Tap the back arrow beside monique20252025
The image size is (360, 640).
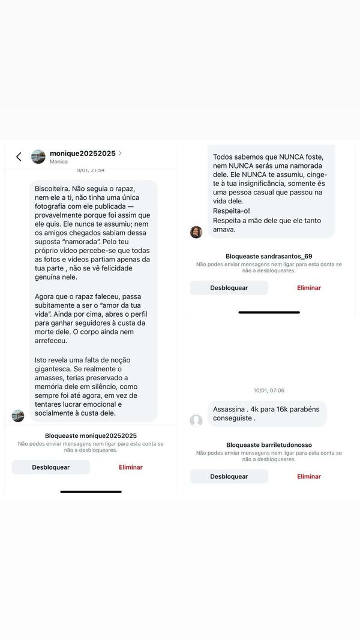click(19, 157)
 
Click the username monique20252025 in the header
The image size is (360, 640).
click(82, 154)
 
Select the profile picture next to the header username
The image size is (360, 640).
click(38, 157)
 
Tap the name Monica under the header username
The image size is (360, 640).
click(58, 162)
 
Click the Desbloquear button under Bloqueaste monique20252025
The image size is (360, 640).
click(51, 467)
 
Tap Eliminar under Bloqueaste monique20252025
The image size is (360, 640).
click(131, 467)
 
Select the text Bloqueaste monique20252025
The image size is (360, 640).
click(91, 435)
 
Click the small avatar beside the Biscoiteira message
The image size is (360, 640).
click(18, 416)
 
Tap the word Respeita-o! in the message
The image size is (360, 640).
click(228, 211)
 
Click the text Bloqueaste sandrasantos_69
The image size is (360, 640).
click(269, 256)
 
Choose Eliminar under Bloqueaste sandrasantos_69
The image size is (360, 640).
click(309, 288)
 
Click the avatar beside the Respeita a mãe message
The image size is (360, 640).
click(196, 232)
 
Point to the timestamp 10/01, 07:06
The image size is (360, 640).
click(269, 390)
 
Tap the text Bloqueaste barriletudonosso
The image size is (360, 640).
click(269, 445)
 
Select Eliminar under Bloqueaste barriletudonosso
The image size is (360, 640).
click(309, 476)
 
